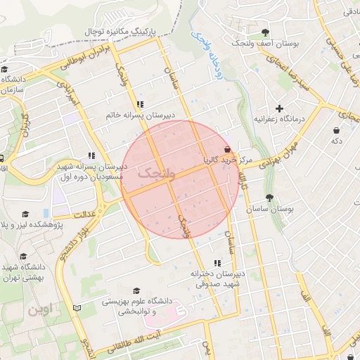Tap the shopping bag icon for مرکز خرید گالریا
pyautogui.click(x=226, y=150)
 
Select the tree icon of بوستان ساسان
pyautogui.click(x=269, y=198)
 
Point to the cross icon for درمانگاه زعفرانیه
pyautogui.click(x=281, y=108)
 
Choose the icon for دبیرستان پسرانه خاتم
pyautogui.click(x=139, y=103)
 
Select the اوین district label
pyautogui.click(x=39, y=309)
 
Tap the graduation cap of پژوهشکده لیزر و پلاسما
pyautogui.click(x=26, y=214)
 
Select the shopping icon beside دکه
pyautogui.click(x=337, y=130)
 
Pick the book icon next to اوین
pyautogui.click(x=77, y=309)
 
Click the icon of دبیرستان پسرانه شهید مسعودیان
pyautogui.click(x=91, y=156)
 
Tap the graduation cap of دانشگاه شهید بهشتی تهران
pyautogui.click(x=24, y=256)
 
